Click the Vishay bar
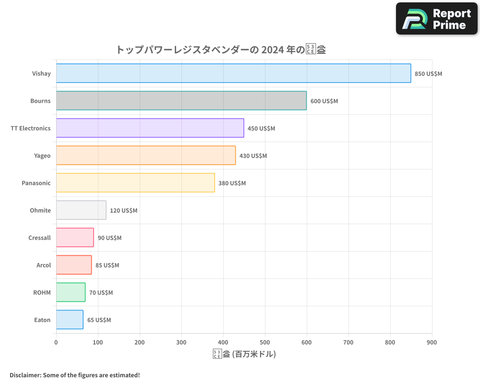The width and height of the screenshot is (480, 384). pos(233,73)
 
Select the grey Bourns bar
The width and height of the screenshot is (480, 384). pos(181,101)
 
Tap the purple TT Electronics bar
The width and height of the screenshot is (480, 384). pos(150,128)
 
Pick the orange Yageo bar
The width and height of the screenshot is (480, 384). pos(145,156)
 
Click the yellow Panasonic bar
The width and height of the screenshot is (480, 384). pos(135,183)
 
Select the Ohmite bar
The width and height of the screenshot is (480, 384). pos(81,210)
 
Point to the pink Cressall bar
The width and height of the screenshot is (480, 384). pos(75,238)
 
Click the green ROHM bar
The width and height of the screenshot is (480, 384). pos(71,292)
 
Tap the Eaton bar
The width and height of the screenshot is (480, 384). pos(70,320)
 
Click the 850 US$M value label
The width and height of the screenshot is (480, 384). pos(428,74)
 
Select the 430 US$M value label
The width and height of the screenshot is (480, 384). pos(253,156)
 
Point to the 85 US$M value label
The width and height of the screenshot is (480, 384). pos(107,265)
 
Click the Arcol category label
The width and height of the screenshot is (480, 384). pos(44,265)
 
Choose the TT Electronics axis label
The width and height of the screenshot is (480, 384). pos(31,129)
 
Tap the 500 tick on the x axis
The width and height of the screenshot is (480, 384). pos(265,342)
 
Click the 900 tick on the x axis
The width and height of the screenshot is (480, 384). pos(432,342)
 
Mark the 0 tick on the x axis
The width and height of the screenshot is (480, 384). pos(56,342)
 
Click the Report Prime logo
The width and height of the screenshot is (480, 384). pos(437,19)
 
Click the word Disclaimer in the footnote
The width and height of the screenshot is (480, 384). pos(25,375)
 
